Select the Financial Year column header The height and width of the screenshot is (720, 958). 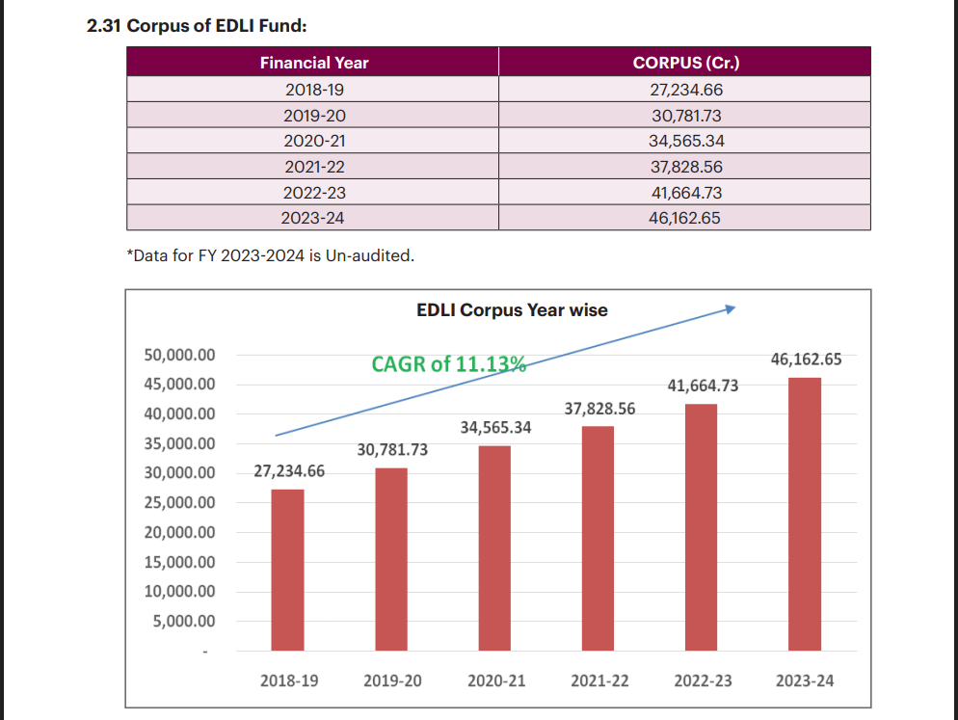coord(314,64)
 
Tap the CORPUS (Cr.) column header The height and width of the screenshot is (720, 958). coord(685,64)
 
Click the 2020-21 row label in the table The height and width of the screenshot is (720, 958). coord(314,141)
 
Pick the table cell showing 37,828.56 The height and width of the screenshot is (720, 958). coord(685,167)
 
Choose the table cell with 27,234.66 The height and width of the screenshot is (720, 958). coord(685,90)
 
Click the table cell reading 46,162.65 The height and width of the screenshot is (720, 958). coord(685,218)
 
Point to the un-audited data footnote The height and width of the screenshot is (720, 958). coord(270,256)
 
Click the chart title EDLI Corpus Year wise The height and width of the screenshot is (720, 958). coord(512,310)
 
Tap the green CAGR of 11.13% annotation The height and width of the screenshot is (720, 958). coord(448,363)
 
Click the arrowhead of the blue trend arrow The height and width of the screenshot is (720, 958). coord(732,308)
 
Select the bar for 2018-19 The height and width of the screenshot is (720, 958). coord(287,569)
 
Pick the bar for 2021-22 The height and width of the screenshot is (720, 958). coord(598,538)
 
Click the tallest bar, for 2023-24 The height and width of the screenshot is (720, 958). coord(805,513)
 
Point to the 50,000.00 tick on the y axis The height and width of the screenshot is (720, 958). coord(179,355)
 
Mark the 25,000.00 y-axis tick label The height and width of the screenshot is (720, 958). coord(179,503)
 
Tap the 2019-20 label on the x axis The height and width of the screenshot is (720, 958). coord(392,680)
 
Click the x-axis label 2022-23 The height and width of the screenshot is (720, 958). coord(703,680)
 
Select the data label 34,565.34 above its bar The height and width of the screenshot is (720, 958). coord(495,426)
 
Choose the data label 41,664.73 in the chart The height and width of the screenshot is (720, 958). coord(703,386)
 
